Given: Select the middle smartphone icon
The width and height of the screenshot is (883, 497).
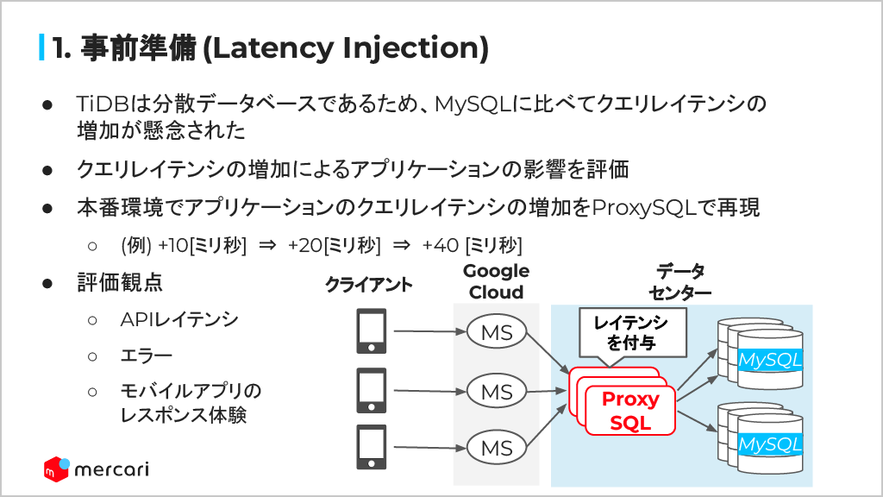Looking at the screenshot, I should pyautogui.click(x=372, y=391).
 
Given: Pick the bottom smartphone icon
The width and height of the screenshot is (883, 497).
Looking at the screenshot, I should pyautogui.click(x=372, y=447).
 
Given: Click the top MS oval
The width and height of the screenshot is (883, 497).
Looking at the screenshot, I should pyautogui.click(x=497, y=333).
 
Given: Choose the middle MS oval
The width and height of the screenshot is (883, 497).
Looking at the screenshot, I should pyautogui.click(x=497, y=391).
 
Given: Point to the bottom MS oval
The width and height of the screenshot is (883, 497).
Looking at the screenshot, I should pyautogui.click(x=497, y=448).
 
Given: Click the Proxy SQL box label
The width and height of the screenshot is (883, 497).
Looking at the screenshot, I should pyautogui.click(x=630, y=412).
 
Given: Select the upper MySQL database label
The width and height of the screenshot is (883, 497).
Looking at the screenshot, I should pyautogui.click(x=770, y=358).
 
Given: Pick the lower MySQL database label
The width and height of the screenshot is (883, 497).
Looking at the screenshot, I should pyautogui.click(x=770, y=444).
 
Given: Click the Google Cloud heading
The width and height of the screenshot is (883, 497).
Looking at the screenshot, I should pyautogui.click(x=496, y=281).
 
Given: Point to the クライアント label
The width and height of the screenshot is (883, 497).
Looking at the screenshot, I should pyautogui.click(x=369, y=285).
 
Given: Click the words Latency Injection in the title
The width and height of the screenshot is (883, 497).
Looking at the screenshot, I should pyautogui.click(x=344, y=48).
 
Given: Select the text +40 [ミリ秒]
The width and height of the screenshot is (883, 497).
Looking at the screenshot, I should pyautogui.click(x=472, y=244).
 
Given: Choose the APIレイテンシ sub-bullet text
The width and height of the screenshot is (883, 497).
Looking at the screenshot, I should pyautogui.click(x=179, y=320).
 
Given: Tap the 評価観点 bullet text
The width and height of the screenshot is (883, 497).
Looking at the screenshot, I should pyautogui.click(x=120, y=282).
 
